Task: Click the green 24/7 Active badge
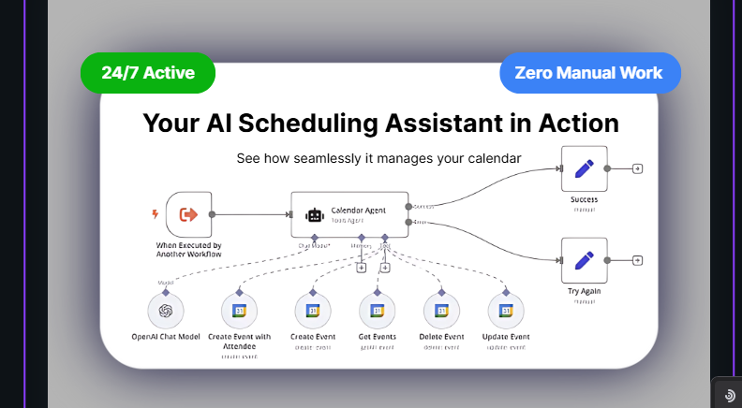point(148,73)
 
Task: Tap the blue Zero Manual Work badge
point(589,73)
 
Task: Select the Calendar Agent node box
point(348,214)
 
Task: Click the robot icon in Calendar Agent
point(315,215)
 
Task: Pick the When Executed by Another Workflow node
point(188,214)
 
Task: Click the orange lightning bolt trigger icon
point(156,214)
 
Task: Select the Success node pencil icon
point(584,169)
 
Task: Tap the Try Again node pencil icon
point(584,260)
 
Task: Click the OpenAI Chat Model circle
point(166,311)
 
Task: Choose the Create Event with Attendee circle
point(239,311)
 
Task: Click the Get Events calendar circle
point(378,311)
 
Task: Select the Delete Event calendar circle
point(442,311)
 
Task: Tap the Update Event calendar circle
point(506,311)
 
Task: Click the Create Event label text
point(313,337)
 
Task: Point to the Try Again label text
point(584,291)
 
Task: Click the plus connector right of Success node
point(638,169)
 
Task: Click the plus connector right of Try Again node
point(638,260)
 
